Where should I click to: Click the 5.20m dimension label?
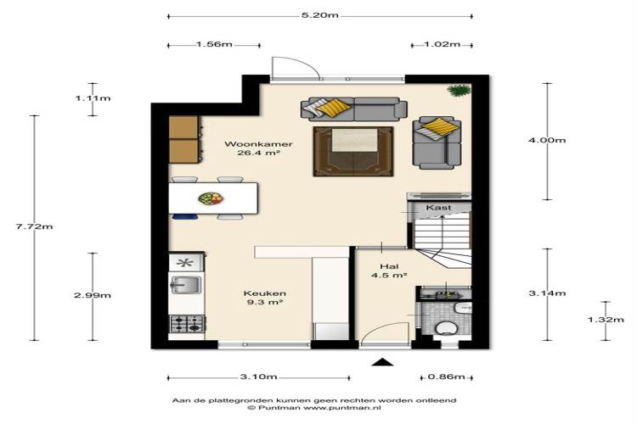coord(319,15)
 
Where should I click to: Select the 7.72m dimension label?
coord(35,226)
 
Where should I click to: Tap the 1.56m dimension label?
coord(214,44)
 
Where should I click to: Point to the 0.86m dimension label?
coord(447,377)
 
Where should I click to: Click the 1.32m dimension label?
coord(606,320)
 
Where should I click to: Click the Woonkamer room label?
coord(258,144)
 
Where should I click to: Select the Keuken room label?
coord(265,293)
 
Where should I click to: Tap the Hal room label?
coord(389,266)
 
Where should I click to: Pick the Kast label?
coord(439,208)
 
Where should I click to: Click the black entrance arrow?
coord(382,362)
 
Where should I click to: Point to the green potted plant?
coord(459,90)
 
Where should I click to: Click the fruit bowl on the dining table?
coord(211,198)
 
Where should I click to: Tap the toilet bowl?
coord(445,326)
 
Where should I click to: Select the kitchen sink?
coord(186,284)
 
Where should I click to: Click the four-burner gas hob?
coord(187,323)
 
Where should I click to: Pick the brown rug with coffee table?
coord(353,151)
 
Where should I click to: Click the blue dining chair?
coord(185,217)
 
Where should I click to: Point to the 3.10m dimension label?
coord(258,377)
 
